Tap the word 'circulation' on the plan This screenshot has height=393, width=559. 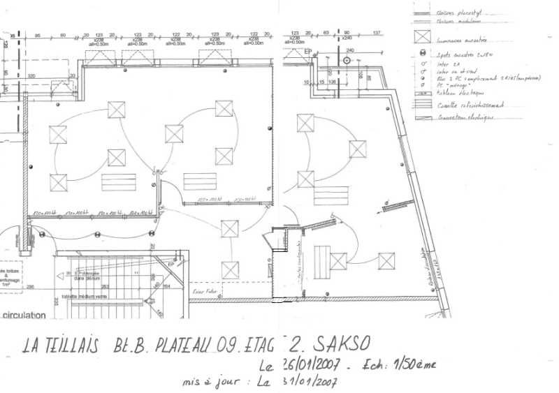[24, 315]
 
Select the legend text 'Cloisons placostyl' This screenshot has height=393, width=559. [460, 12]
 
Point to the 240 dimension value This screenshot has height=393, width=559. [350, 51]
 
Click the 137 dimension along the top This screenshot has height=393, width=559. [377, 34]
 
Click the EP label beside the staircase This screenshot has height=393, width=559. [170, 265]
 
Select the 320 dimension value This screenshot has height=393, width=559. [31, 76]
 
